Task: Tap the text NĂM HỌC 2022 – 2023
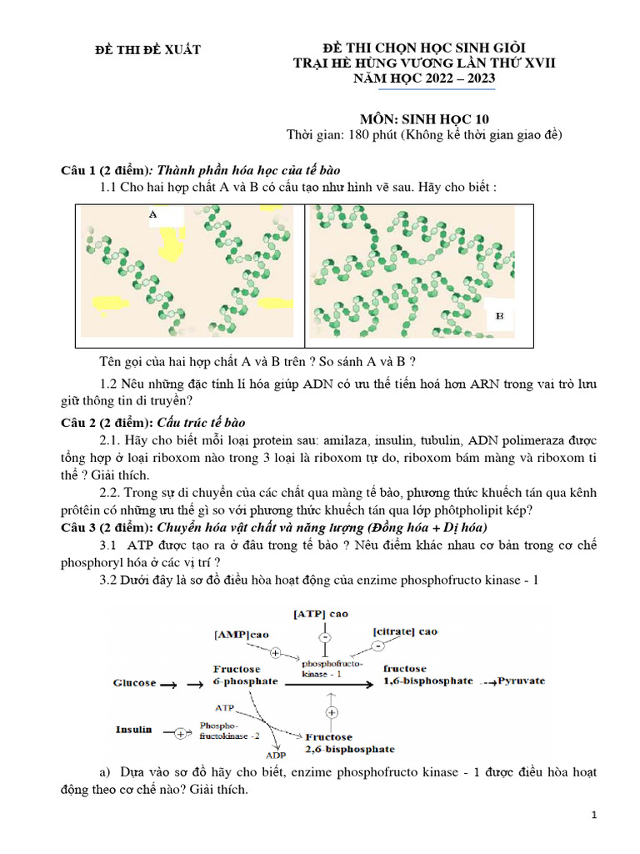pos(425,78)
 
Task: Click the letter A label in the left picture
pos(152,214)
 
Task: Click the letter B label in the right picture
pos(500,316)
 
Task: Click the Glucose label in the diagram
pos(134,682)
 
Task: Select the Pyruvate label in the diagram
pos(522,681)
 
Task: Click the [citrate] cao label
pos(406,631)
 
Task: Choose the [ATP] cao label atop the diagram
pos(321,613)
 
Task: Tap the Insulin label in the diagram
pos(133,729)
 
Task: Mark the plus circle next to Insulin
pos(180,734)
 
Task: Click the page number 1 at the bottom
pos(595,816)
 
